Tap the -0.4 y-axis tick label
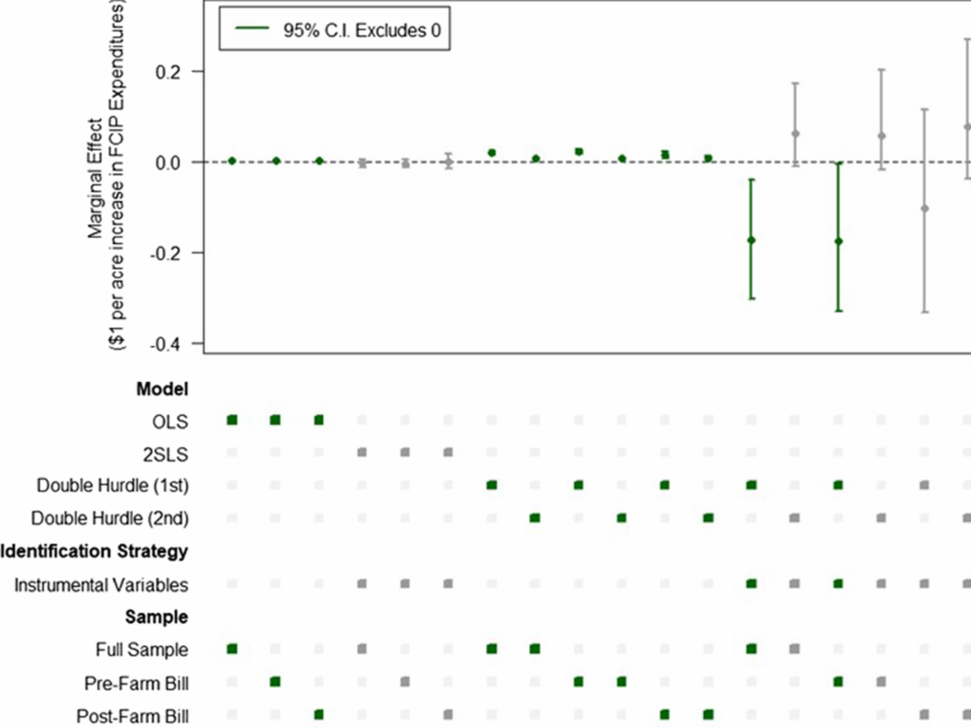(170, 343)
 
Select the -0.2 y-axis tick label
(170, 253)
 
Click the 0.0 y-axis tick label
(173, 161)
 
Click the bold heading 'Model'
(162, 390)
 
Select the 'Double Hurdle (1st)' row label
(112, 486)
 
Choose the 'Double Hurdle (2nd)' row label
(110, 518)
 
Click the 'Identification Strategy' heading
(93, 552)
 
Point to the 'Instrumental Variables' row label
(101, 585)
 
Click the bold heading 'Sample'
(156, 617)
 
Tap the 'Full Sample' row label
(142, 650)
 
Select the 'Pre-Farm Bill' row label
(136, 682)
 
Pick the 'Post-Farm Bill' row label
(132, 715)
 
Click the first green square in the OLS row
(232, 420)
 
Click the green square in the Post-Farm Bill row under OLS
(319, 714)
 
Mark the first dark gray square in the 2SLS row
(362, 452)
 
